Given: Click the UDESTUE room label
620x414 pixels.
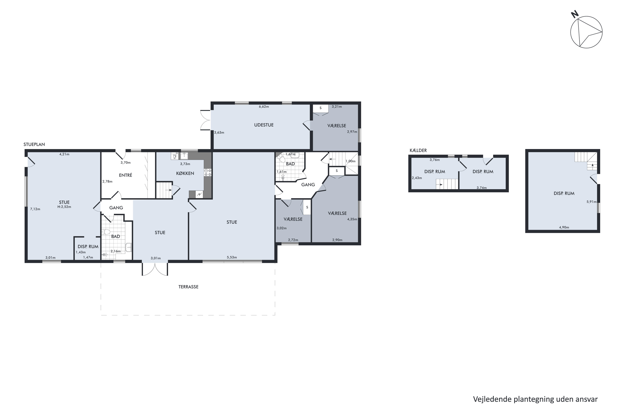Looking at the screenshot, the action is point(264,125).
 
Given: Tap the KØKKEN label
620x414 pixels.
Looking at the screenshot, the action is point(185,173).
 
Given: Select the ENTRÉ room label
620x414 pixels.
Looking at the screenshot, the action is point(125,175).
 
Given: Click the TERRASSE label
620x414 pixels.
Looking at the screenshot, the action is point(188,287).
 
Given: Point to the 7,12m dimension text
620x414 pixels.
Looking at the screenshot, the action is point(35,209).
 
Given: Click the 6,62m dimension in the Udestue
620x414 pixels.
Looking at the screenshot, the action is point(264,107).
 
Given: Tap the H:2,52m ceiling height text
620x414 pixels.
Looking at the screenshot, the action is point(64,207).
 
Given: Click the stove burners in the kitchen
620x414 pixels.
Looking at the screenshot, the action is point(208,173).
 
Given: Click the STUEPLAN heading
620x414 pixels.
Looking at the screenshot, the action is point(34,144).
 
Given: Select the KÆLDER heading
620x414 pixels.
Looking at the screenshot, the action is point(418,150).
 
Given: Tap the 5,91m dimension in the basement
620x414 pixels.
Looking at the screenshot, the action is point(591,202).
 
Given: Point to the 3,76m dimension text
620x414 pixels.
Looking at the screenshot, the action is point(435,160).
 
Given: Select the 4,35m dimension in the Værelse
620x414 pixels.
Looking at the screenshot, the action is point(352,219).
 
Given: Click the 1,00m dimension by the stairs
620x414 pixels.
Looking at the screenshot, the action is point(351,161).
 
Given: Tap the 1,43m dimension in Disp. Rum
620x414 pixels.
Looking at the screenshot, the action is point(81,252).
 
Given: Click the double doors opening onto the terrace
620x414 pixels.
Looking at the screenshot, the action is point(155,269).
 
